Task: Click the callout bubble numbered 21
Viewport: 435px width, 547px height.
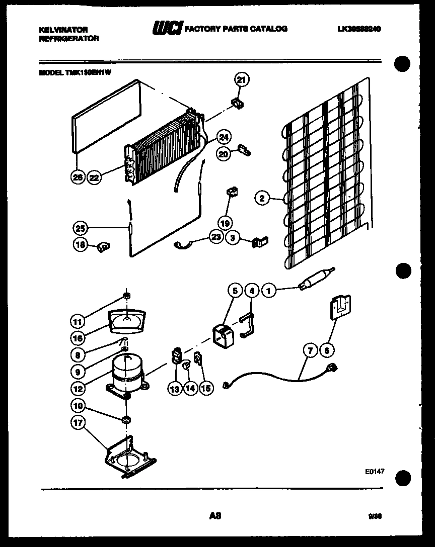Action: tap(242, 79)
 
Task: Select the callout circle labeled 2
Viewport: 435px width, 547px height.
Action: tap(261, 198)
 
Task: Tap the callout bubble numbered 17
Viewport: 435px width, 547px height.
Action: tap(78, 423)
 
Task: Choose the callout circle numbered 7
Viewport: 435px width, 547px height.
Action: tap(310, 349)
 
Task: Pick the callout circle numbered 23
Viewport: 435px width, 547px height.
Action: tap(216, 238)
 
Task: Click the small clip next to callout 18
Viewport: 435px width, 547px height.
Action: tap(104, 246)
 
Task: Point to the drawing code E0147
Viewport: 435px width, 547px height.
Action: tap(375, 472)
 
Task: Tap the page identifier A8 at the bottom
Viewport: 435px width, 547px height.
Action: tap(215, 515)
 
